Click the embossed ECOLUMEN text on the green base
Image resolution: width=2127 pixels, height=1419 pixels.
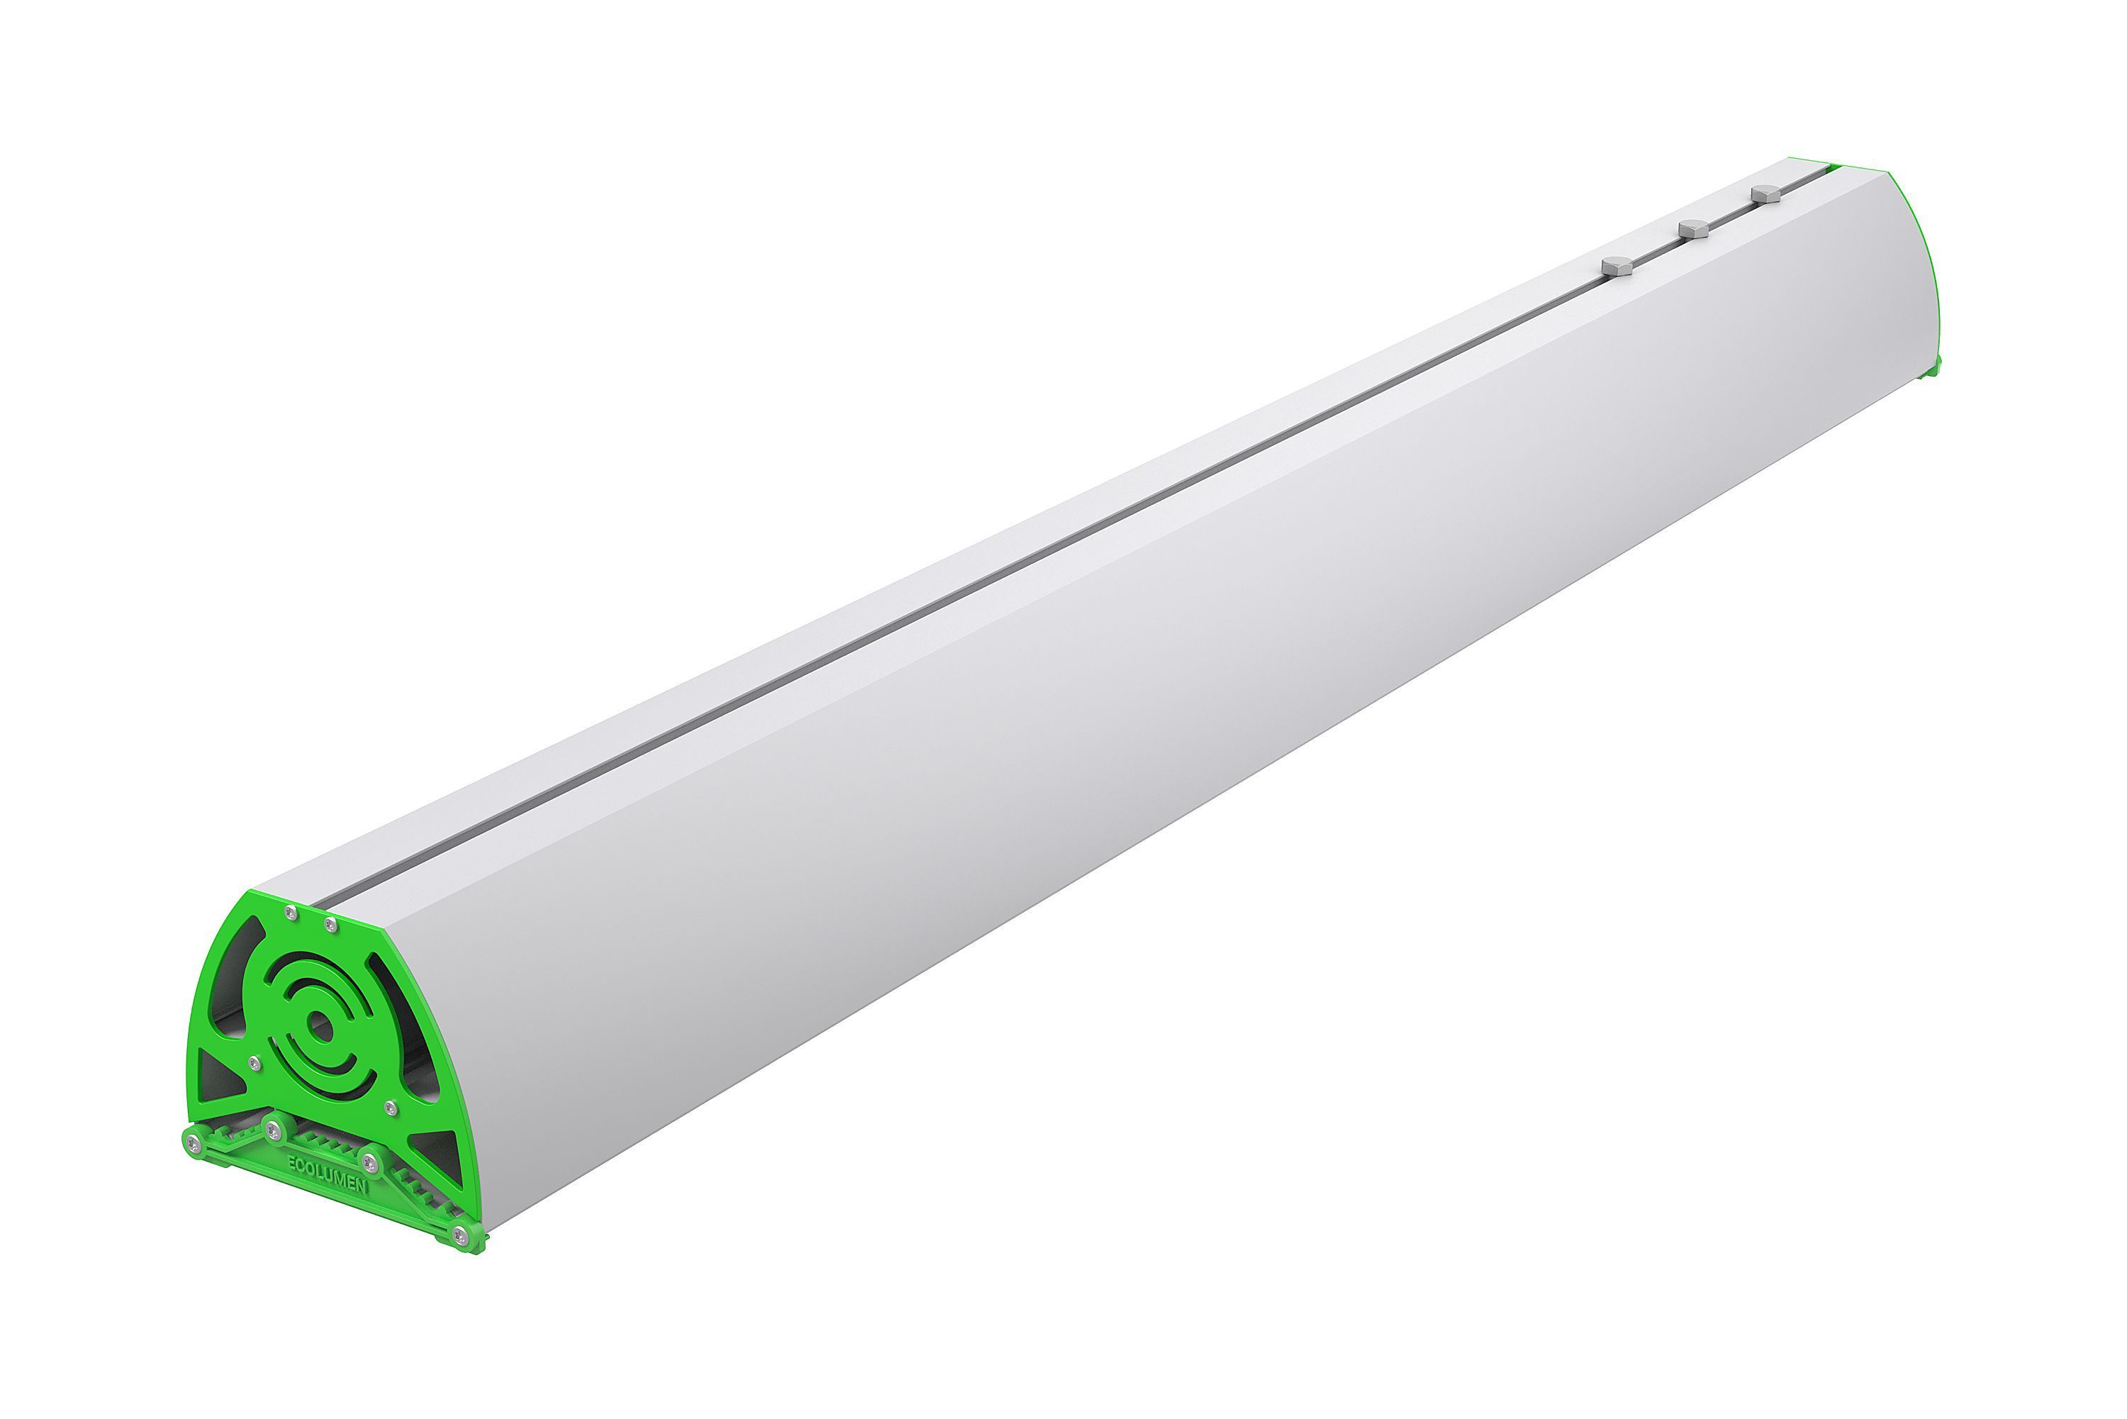328,1173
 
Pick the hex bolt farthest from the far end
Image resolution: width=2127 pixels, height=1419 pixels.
1617,266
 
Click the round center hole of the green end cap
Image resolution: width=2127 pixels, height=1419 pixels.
318,1026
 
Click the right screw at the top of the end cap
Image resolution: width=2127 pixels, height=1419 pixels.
331,924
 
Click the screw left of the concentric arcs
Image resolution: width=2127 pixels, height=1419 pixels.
255,1062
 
